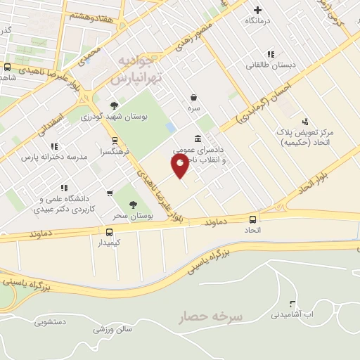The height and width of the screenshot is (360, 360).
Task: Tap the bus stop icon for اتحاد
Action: point(252,220)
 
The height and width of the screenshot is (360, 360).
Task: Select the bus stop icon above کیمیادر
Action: point(109,232)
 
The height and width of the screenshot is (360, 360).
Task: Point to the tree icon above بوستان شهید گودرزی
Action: point(114,105)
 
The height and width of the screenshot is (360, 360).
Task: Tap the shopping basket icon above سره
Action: point(193,98)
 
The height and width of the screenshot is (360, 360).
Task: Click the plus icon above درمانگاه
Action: point(258,10)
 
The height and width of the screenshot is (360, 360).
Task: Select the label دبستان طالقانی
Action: point(271,65)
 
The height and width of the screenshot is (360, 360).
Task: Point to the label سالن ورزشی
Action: point(110,329)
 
